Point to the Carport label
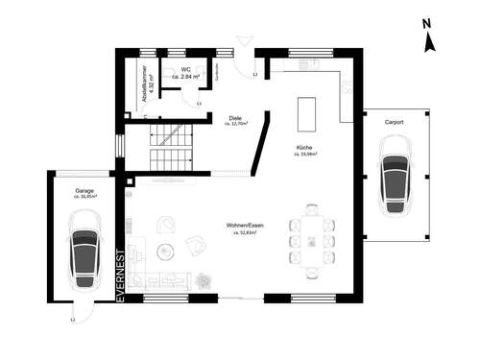click(x=394, y=123)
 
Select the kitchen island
click(x=307, y=114)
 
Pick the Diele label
click(x=235, y=118)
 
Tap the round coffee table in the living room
click(x=164, y=251)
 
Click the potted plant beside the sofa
click(x=204, y=279)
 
